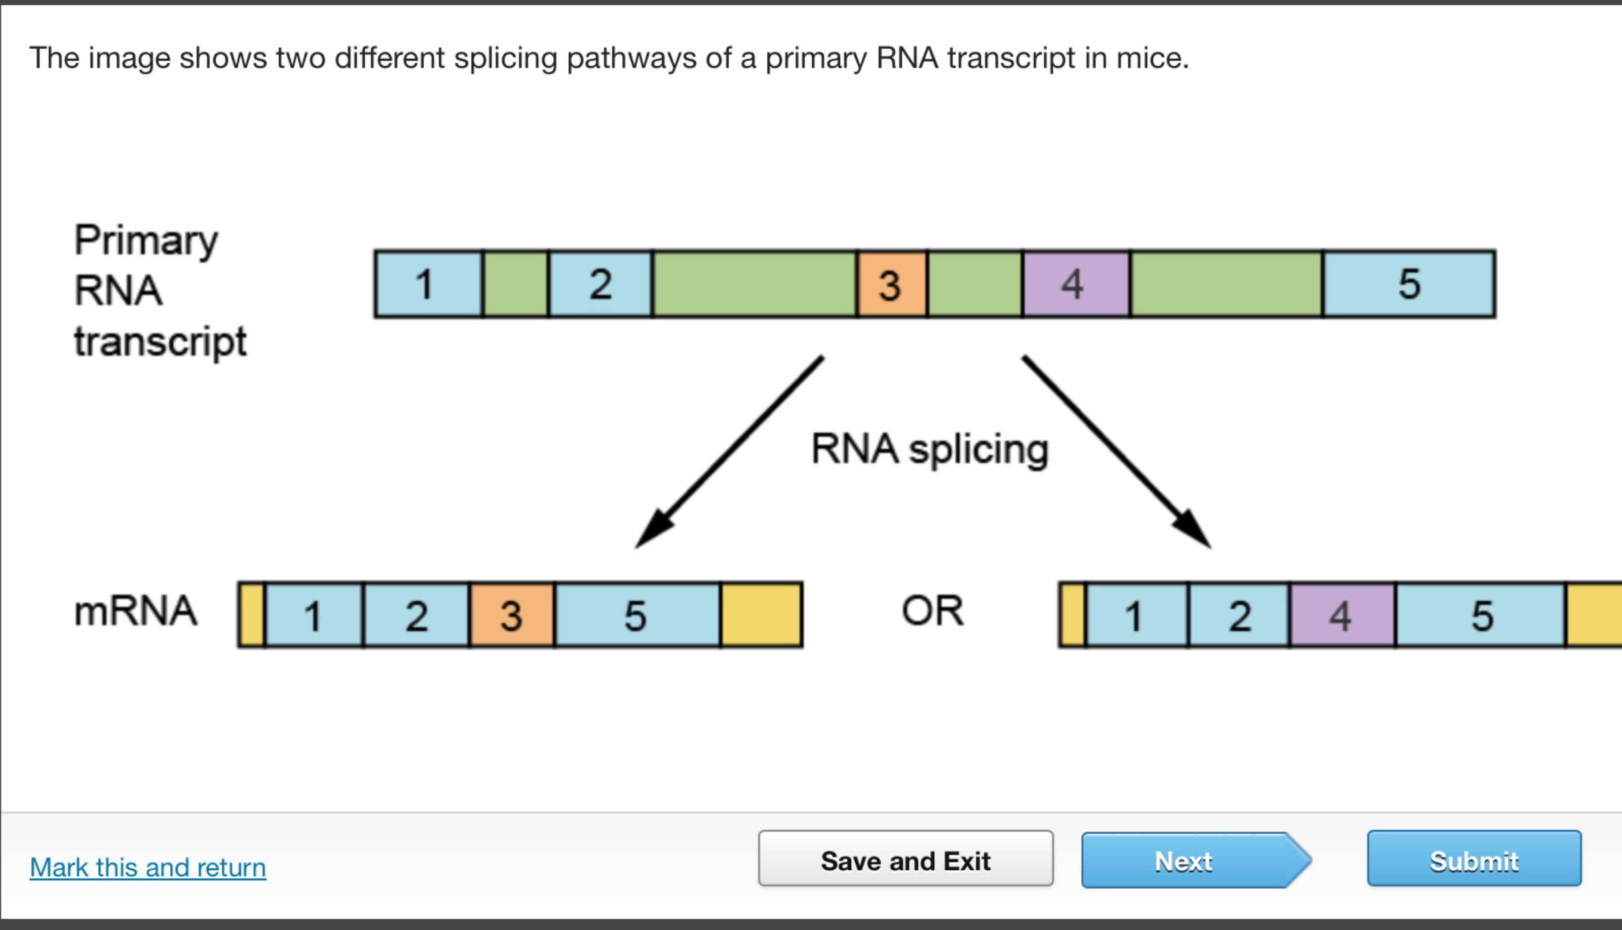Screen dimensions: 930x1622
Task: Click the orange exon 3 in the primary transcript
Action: click(x=891, y=284)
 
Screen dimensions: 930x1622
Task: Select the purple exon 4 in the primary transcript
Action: click(x=1075, y=284)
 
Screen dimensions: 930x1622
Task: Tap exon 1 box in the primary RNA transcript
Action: click(x=428, y=284)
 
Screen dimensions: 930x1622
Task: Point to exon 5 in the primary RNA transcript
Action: click(x=1409, y=284)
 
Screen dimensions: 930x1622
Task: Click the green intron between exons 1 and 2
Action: click(x=515, y=284)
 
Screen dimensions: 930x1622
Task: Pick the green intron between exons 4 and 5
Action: click(x=1225, y=284)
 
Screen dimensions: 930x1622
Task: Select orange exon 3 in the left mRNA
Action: click(x=512, y=615)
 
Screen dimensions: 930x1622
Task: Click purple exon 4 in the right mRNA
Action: click(x=1342, y=615)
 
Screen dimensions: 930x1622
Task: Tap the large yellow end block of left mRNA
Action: click(x=761, y=615)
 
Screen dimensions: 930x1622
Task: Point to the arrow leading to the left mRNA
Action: click(x=728, y=452)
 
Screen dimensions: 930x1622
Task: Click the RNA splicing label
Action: click(x=929, y=449)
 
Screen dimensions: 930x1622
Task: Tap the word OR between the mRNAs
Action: click(x=932, y=611)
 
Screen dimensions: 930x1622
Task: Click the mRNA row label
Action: click(x=135, y=611)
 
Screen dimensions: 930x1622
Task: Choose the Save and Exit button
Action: click(x=905, y=859)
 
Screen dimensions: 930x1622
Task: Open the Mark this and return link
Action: click(x=147, y=867)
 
